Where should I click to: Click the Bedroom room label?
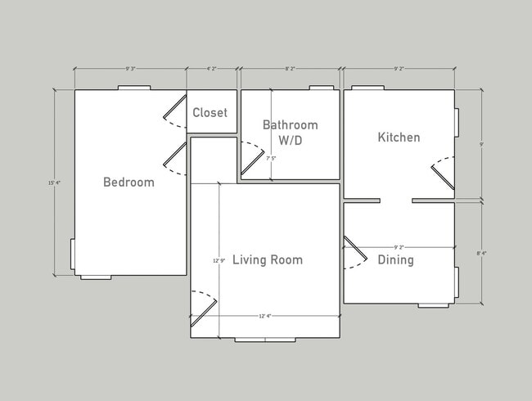(128, 182)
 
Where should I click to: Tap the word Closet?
(210, 113)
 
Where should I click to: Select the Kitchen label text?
(399, 137)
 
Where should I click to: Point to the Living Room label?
(268, 260)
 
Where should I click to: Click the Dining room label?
(395, 260)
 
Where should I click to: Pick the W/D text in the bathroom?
(290, 140)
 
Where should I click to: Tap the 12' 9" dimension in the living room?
(219, 260)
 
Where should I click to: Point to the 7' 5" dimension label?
(271, 158)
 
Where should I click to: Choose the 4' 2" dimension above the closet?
(213, 70)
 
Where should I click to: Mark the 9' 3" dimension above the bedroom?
(130, 70)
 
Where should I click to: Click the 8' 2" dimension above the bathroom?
(290, 70)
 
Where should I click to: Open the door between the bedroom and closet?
(174, 111)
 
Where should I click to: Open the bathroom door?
(253, 160)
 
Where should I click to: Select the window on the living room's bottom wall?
(266, 339)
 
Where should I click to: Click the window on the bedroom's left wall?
(72, 254)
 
